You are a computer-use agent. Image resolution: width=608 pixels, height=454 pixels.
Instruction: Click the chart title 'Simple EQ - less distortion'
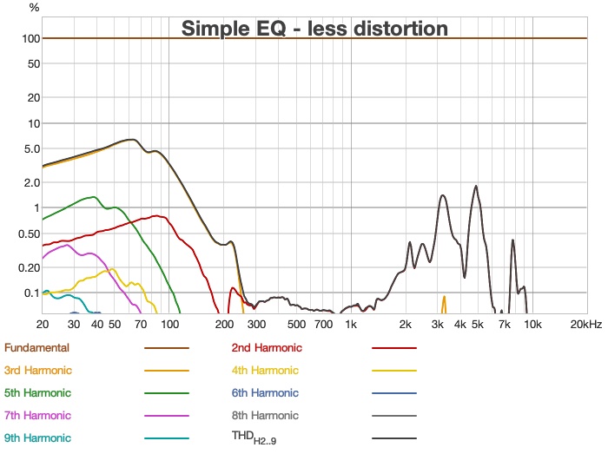[x=314, y=29]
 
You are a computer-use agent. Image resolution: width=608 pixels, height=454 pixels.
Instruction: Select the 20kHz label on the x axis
[x=586, y=325]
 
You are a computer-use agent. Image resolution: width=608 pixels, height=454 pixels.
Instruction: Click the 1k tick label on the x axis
[x=351, y=325]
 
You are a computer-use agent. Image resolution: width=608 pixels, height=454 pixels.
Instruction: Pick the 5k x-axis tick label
[x=477, y=325]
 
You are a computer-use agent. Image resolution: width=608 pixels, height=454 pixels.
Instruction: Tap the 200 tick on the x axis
[x=223, y=325]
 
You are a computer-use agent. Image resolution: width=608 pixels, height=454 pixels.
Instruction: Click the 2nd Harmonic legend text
[x=267, y=348]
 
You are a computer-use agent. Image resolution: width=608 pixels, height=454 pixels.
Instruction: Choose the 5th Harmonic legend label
[x=37, y=393]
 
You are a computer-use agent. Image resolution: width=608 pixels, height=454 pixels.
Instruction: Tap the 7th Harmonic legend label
[x=37, y=416]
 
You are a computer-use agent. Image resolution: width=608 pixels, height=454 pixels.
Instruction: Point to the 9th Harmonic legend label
[x=37, y=438]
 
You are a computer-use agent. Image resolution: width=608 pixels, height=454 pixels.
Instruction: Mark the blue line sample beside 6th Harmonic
[x=393, y=393]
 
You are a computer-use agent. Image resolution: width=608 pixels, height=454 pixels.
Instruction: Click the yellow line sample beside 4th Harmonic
[x=393, y=371]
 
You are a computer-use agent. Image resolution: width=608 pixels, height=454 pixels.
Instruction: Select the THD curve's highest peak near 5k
[x=476, y=186]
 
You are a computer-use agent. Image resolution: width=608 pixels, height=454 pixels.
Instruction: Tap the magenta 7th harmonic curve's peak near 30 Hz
[x=68, y=245]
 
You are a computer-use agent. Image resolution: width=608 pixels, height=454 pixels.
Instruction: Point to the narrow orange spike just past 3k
[x=445, y=298]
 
